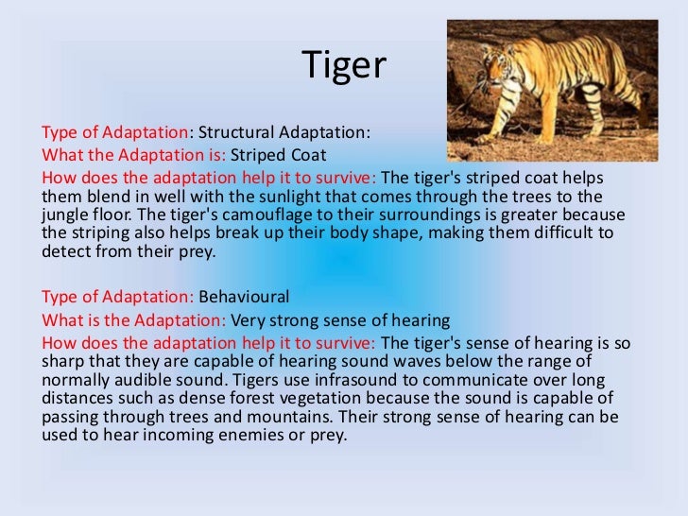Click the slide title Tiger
[x=344, y=65]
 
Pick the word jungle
[x=65, y=215]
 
